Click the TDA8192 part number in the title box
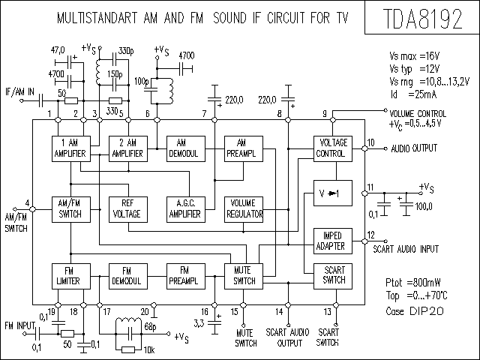point(422,18)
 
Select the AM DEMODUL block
point(186,148)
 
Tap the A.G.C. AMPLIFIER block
point(186,209)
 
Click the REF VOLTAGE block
point(128,209)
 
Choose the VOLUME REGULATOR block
point(244,209)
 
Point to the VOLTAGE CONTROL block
point(333,148)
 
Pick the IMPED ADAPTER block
point(333,241)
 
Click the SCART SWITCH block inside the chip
point(333,276)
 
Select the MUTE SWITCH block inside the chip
point(244,276)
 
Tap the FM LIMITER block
point(71,276)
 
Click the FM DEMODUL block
point(128,276)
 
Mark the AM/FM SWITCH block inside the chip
point(71,209)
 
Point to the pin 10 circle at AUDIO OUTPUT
point(364,148)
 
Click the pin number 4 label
point(27,202)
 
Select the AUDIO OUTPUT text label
point(414,148)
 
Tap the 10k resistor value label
point(149,349)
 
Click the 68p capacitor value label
point(150,327)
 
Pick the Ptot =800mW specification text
point(413,282)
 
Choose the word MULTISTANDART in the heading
point(97,18)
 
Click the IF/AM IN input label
point(20,91)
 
